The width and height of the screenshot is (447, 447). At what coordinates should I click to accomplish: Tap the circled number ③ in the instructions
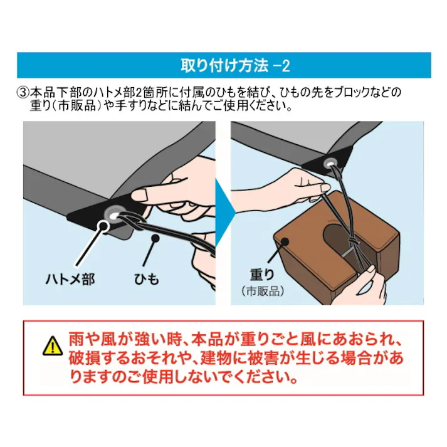[x=23, y=92]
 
